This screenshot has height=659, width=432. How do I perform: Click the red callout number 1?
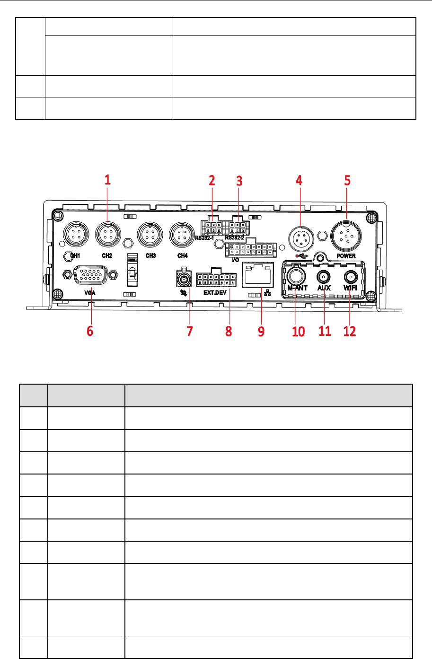point(107,180)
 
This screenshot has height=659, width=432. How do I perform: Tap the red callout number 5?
point(347,180)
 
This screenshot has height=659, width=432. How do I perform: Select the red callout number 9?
point(261,331)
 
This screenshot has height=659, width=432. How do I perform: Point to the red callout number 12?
point(350,331)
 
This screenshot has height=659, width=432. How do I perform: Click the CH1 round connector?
point(75,233)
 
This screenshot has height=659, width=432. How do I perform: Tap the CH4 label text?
point(183,256)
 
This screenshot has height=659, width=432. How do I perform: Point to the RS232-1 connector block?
point(212,225)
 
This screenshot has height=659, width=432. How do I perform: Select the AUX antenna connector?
point(324,277)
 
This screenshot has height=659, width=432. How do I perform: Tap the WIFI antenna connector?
point(350,277)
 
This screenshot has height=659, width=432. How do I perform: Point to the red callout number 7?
point(190,331)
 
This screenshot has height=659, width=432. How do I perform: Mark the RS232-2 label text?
point(235,237)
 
